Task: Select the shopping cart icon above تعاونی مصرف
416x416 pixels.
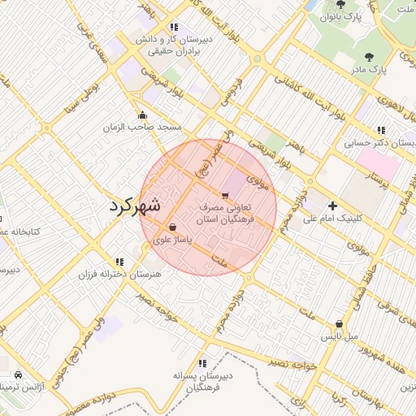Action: click(225, 195)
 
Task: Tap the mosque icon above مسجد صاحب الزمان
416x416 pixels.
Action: click(143, 115)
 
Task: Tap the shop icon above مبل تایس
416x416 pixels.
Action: click(339, 323)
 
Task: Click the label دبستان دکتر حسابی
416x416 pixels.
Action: click(380, 143)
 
